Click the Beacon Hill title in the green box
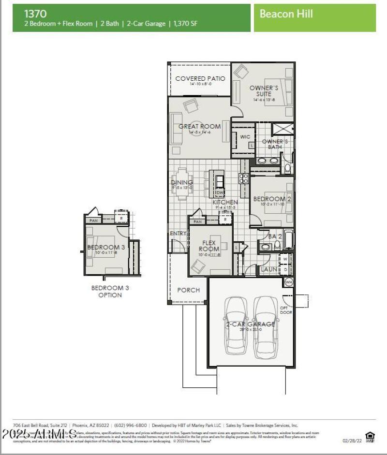(286, 14)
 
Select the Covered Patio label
(200, 78)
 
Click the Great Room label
(199, 127)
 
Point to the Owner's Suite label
(264, 91)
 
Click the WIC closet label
(245, 137)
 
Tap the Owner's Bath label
(275, 144)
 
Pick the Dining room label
(182, 183)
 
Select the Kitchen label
(225, 202)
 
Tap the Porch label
(188, 290)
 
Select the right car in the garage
(264, 325)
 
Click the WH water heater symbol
(289, 281)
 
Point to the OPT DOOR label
(286, 310)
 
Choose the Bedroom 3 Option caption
(110, 292)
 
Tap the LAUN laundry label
(269, 269)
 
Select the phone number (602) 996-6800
(131, 426)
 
